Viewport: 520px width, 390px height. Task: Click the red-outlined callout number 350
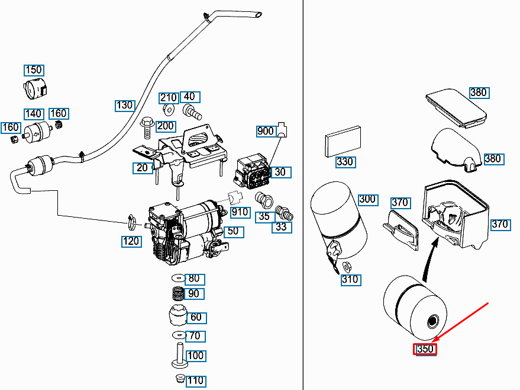click(x=425, y=349)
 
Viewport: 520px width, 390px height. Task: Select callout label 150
click(x=34, y=70)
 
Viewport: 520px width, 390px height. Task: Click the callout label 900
click(x=266, y=131)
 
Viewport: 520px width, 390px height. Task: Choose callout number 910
click(x=240, y=212)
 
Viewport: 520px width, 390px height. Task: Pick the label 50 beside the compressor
click(x=234, y=231)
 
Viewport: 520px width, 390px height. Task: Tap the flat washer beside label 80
click(x=178, y=279)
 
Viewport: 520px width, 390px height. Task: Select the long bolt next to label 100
click(x=178, y=357)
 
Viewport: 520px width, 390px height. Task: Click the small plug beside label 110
click(x=178, y=378)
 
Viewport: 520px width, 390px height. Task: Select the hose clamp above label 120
click(x=131, y=223)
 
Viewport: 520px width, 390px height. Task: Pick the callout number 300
click(x=367, y=200)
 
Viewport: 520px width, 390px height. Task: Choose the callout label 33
click(x=281, y=227)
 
